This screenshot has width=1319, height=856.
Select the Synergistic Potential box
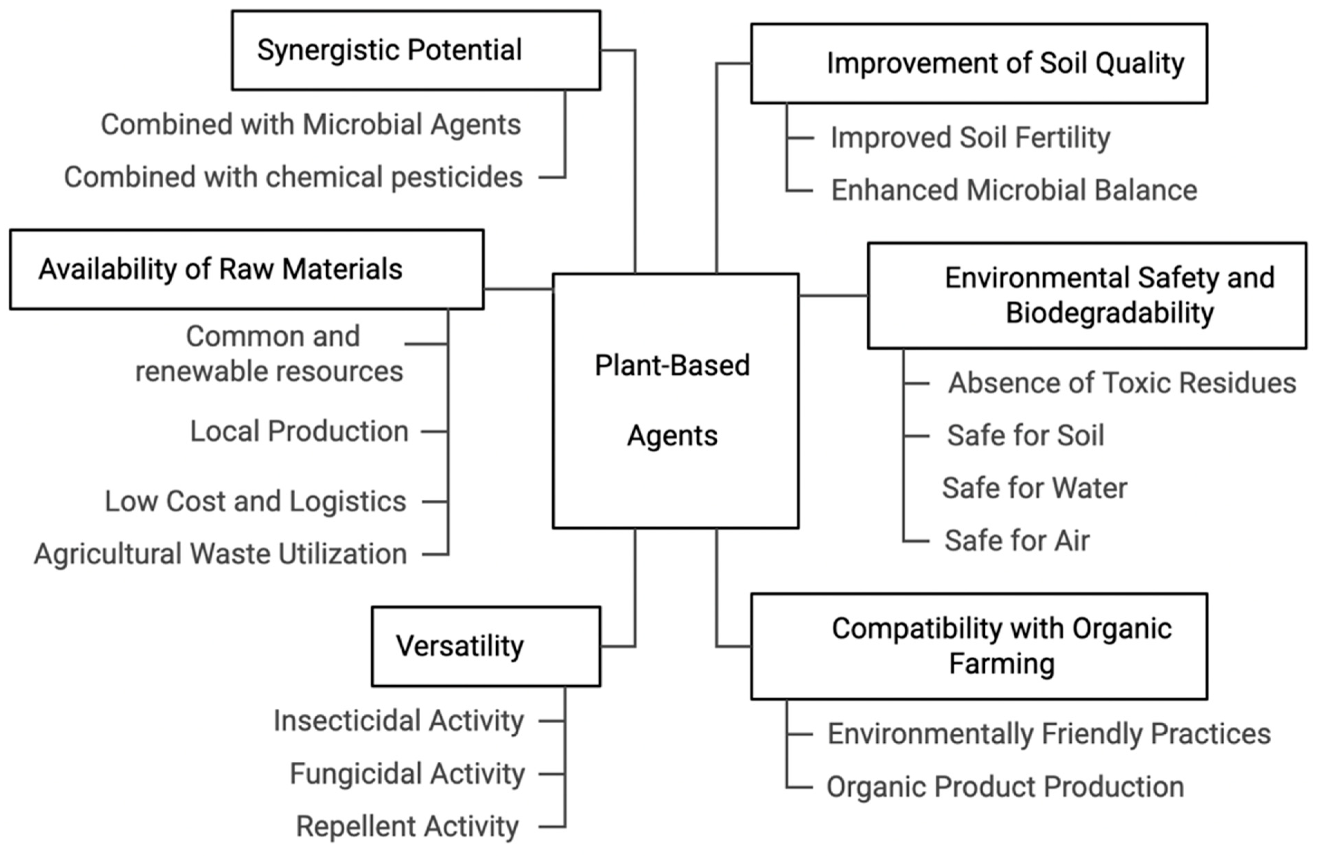(x=415, y=50)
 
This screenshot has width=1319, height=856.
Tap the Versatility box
(x=486, y=646)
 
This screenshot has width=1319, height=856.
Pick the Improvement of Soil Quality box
(x=979, y=63)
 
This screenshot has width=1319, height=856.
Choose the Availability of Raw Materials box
(x=247, y=270)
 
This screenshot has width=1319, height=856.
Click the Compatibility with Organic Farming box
(x=979, y=646)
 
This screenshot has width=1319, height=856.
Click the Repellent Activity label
(x=407, y=826)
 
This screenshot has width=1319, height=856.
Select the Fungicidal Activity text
(x=407, y=773)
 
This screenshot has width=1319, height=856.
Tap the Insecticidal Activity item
(x=399, y=721)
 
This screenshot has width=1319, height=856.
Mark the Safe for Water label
(x=1034, y=488)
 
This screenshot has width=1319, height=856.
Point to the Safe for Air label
(x=1017, y=540)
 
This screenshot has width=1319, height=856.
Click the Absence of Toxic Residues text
(x=1122, y=383)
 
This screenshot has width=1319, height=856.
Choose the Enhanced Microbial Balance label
(x=1014, y=190)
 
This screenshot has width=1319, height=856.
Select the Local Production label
(x=299, y=431)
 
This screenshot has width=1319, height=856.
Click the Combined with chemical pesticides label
(x=293, y=177)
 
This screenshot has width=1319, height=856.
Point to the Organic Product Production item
(x=1005, y=787)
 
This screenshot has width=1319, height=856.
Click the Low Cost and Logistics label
(x=256, y=501)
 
